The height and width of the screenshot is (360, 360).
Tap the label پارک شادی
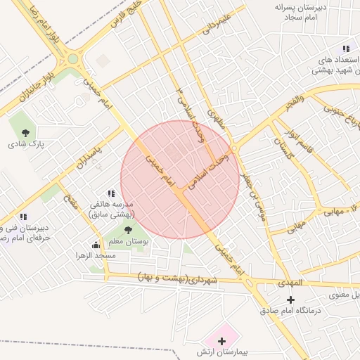click(x=26, y=144)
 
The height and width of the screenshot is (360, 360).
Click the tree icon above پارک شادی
click(x=26, y=132)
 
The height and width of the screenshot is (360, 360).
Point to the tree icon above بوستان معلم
click(x=128, y=229)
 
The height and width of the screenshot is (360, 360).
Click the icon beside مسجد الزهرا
click(x=96, y=245)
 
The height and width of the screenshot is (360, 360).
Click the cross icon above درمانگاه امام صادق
click(x=291, y=300)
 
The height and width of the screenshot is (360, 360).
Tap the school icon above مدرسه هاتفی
click(x=111, y=193)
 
